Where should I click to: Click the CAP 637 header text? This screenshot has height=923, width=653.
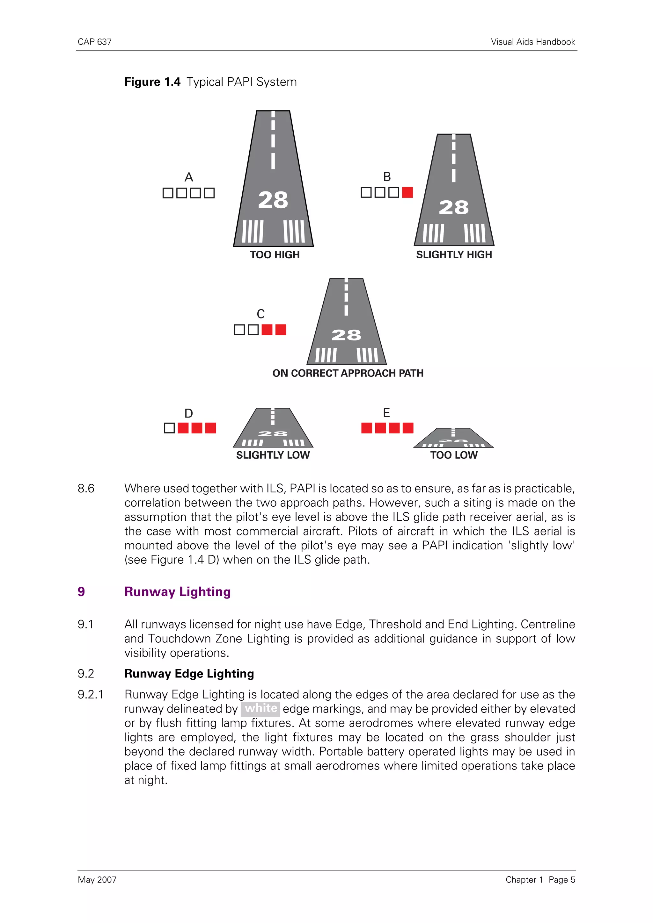tap(95, 42)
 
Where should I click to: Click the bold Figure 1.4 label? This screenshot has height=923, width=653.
tap(152, 82)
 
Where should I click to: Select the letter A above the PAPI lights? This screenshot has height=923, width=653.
tap(189, 177)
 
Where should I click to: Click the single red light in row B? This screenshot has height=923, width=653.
tap(407, 193)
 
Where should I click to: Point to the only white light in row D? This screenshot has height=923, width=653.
tap(169, 428)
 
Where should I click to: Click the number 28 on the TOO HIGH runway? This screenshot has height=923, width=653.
tap(273, 200)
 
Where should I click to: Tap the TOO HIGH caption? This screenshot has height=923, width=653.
tap(275, 255)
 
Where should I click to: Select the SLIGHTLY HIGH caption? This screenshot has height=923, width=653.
tap(454, 254)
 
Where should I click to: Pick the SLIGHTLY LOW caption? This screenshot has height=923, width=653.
tap(273, 455)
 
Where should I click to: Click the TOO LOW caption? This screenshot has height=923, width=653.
tap(454, 455)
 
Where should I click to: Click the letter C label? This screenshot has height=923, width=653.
tap(261, 314)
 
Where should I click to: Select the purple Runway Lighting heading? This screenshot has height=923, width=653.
tap(177, 592)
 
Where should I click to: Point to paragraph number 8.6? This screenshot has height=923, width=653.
tap(86, 489)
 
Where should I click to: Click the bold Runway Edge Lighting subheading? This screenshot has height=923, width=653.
tap(189, 674)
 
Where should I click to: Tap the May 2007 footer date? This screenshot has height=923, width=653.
tap(97, 880)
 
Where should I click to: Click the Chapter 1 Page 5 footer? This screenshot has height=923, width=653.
tap(540, 880)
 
